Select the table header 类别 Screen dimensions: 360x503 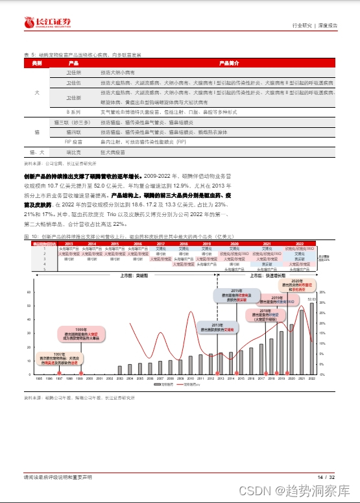[37, 64]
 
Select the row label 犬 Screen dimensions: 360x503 [37, 93]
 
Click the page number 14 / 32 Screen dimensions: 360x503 [326, 477]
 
